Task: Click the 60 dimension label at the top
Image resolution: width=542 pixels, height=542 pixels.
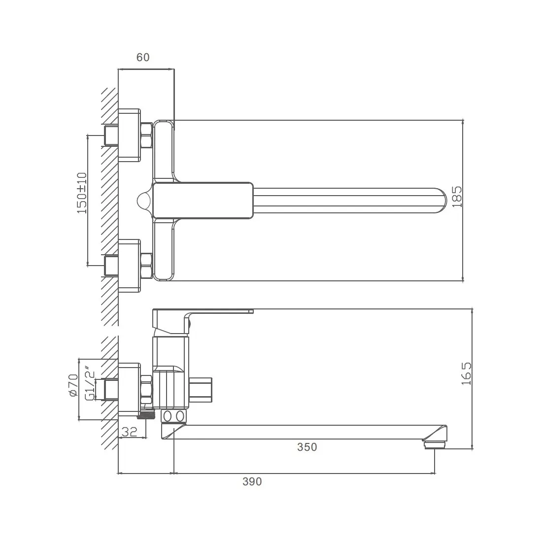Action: point(143,57)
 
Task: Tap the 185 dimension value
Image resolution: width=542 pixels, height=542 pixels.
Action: point(457,197)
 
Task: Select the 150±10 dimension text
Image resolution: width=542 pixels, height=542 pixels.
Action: point(82,193)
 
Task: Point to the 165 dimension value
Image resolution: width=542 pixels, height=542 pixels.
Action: point(466,373)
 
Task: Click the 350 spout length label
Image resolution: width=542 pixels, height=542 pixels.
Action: point(307,447)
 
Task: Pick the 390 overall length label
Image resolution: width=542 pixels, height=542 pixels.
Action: point(252,481)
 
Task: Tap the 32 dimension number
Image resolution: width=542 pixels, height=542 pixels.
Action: point(130,432)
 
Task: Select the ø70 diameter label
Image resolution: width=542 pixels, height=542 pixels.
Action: point(73,385)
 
